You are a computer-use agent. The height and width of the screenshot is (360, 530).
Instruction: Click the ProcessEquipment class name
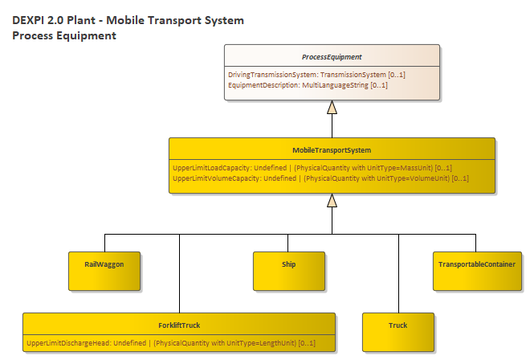(x=332, y=57)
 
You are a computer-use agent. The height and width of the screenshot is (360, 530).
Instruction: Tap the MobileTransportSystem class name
(x=332, y=150)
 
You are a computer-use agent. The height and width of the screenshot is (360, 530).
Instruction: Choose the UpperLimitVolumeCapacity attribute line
(x=320, y=178)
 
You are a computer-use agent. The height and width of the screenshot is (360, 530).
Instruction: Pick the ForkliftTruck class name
(x=179, y=325)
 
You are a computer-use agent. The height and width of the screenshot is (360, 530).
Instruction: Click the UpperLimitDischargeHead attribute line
(x=170, y=343)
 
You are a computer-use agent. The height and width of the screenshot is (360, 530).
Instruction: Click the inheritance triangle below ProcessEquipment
(x=332, y=107)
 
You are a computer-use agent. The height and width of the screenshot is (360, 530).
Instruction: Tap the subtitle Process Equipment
(x=64, y=35)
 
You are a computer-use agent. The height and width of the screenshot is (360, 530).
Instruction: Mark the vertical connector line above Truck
(x=397, y=273)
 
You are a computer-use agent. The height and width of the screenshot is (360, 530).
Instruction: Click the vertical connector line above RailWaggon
(x=104, y=242)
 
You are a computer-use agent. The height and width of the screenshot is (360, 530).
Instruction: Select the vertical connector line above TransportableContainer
(x=477, y=242)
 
